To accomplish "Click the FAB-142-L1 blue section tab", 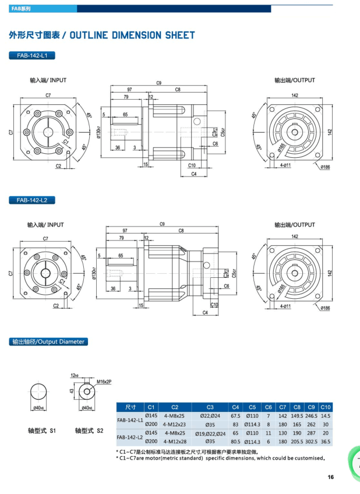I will pyautogui.click(x=32, y=55).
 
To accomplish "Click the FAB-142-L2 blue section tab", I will pyautogui.click(x=32, y=200).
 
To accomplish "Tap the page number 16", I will pyautogui.click(x=331, y=477).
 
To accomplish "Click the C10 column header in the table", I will pyautogui.click(x=326, y=407).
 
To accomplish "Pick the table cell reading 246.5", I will pyautogui.click(x=311, y=416).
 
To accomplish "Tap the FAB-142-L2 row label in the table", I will pyautogui.click(x=130, y=437).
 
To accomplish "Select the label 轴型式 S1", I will pyautogui.click(x=41, y=431).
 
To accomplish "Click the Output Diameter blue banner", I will pyautogui.click(x=48, y=342).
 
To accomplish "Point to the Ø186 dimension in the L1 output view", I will pyautogui.click(x=325, y=167).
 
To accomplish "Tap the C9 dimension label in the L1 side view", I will pyautogui.click(x=158, y=83).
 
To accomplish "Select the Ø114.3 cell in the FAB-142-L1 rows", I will pyautogui.click(x=252, y=425).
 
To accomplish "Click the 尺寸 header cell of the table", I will pyautogui.click(x=130, y=407).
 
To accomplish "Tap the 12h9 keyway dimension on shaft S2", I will pyautogui.click(x=74, y=376).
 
